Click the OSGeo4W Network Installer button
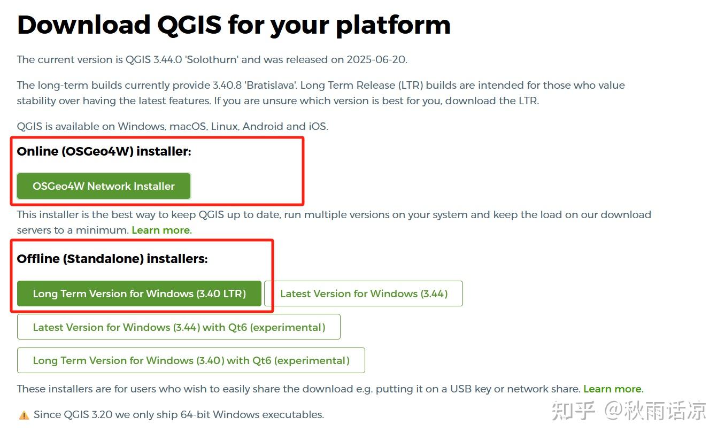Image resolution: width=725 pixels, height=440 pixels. click(x=104, y=186)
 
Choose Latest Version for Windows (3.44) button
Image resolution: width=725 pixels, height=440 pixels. click(x=364, y=294)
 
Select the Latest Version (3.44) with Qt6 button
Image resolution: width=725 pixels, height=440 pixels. click(x=179, y=327)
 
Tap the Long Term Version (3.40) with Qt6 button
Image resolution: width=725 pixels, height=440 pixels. click(x=191, y=360)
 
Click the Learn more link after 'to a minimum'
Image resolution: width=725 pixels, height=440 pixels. click(x=161, y=230)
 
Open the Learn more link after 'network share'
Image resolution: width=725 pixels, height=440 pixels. click(x=612, y=389)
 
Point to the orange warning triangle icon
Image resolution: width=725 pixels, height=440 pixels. click(x=24, y=415)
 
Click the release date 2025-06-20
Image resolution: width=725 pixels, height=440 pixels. click(x=376, y=59)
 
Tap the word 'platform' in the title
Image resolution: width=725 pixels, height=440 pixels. click(x=393, y=25)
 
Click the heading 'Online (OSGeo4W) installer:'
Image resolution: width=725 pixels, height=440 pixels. click(x=104, y=151)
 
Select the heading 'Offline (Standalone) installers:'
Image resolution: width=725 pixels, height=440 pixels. click(x=112, y=259)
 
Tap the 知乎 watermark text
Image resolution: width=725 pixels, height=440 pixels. click(x=573, y=411)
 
